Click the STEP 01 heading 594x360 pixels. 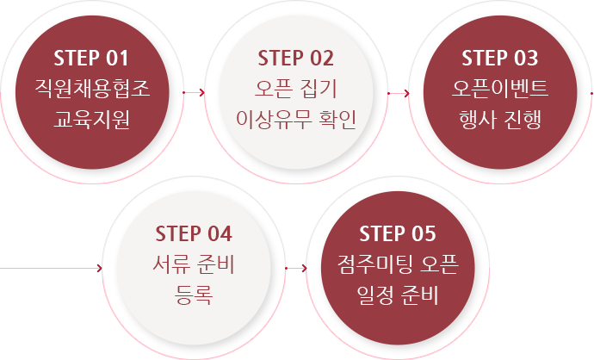tap(91, 58)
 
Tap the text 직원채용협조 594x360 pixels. tap(92, 89)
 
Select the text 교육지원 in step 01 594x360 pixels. tap(92, 120)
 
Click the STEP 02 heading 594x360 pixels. tap(296, 58)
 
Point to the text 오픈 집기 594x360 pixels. tap(296, 89)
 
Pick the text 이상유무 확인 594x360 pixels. tap(296, 120)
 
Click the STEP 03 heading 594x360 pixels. tap(500, 58)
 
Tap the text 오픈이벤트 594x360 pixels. tap(500, 89)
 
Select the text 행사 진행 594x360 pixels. tap(500, 120)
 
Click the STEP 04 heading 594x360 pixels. tap(194, 233)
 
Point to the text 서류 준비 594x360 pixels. tap(194, 264)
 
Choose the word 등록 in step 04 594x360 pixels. tap(194, 295)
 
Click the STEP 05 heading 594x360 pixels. tap(398, 233)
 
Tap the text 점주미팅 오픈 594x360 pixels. tap(398, 264)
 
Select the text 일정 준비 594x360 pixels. tap(398, 295)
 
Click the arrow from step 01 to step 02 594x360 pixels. tap(194, 92)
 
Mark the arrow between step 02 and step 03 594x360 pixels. tap(399, 93)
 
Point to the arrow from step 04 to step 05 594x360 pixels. tap(296, 269)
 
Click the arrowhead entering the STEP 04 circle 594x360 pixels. tap(100, 269)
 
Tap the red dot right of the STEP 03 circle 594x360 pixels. tap(592, 93)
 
